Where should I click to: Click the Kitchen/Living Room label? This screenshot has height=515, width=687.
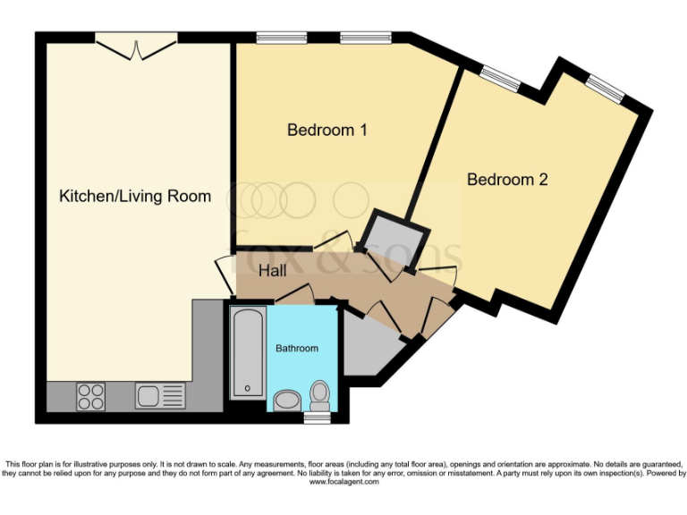pos(135,196)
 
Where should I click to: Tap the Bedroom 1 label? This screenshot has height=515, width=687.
pos(327,131)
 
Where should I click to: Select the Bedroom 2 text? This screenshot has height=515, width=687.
pos(507,180)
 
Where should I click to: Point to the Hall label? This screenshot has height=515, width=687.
pos(273,269)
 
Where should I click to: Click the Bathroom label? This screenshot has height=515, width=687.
pos(296,348)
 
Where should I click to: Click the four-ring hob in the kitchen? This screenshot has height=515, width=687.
pos(90,395)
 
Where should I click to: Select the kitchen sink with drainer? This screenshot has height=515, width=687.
pos(160,394)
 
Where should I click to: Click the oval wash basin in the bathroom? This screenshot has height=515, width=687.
pos(287,399)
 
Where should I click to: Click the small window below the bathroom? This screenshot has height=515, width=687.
pos(317,417)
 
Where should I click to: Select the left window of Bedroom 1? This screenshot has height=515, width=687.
pos(271,37)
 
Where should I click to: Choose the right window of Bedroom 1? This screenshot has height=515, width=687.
pos(365,37)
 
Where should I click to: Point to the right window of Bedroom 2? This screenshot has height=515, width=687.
pos(606,87)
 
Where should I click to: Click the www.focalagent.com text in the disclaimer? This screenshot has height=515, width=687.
pos(343,482)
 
